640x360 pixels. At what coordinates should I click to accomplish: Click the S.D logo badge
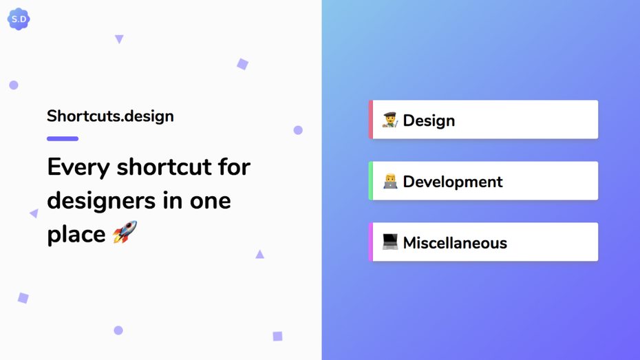coord(19,19)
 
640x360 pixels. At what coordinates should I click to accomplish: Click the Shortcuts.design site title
coord(110,116)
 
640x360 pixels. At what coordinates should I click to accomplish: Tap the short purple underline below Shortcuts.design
coord(63,138)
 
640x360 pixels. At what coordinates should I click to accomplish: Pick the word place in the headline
coord(76,235)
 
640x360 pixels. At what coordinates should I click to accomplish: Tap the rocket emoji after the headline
coord(125,233)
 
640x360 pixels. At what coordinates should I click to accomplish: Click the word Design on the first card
coord(429,120)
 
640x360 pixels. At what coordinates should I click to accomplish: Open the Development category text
coord(453,182)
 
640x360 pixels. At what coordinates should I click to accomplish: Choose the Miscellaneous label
coord(455,243)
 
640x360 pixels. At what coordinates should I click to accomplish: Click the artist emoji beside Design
coord(390,120)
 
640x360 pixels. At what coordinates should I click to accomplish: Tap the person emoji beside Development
coord(390,181)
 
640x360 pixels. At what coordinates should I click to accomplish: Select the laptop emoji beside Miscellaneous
coord(390,242)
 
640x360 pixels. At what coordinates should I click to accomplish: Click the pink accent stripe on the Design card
coord(371,120)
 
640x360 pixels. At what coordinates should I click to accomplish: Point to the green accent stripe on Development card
coord(371,181)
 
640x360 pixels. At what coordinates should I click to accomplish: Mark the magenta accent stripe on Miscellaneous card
coord(371,242)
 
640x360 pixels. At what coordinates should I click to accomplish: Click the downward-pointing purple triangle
coord(119,39)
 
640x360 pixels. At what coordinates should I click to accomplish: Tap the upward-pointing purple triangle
coord(259,255)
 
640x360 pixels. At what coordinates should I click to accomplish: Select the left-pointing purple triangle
coord(34,213)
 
